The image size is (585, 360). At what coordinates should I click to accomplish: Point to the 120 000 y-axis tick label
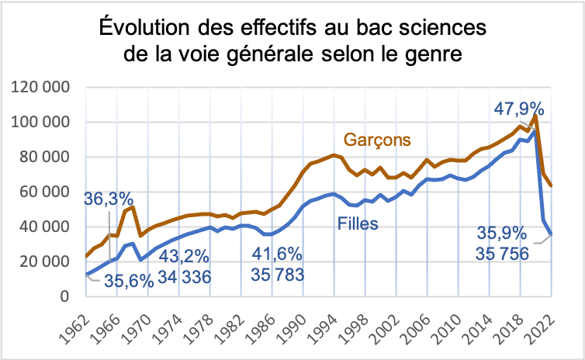44,87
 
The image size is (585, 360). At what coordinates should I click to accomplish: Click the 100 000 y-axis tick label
44,123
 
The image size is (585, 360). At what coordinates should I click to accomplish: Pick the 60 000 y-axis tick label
49,192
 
